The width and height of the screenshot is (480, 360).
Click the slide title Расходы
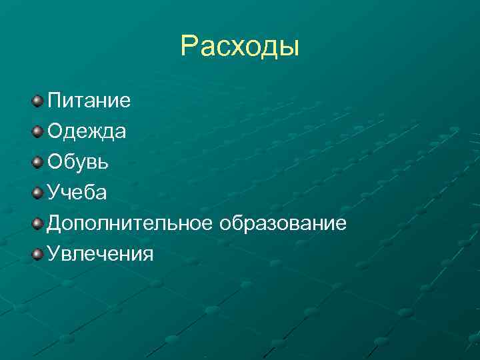coord(240,47)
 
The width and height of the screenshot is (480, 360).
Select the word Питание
coord(89,101)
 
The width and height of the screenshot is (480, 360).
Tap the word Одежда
coord(87,132)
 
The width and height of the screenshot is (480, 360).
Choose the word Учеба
coord(77,193)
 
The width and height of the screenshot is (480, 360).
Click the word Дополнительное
coord(129,223)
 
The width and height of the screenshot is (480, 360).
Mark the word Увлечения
coord(100,254)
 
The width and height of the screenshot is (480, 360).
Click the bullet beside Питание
coord(37,101)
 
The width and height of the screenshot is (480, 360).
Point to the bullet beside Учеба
coord(37,193)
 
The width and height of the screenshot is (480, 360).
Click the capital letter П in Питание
coord(54,101)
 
